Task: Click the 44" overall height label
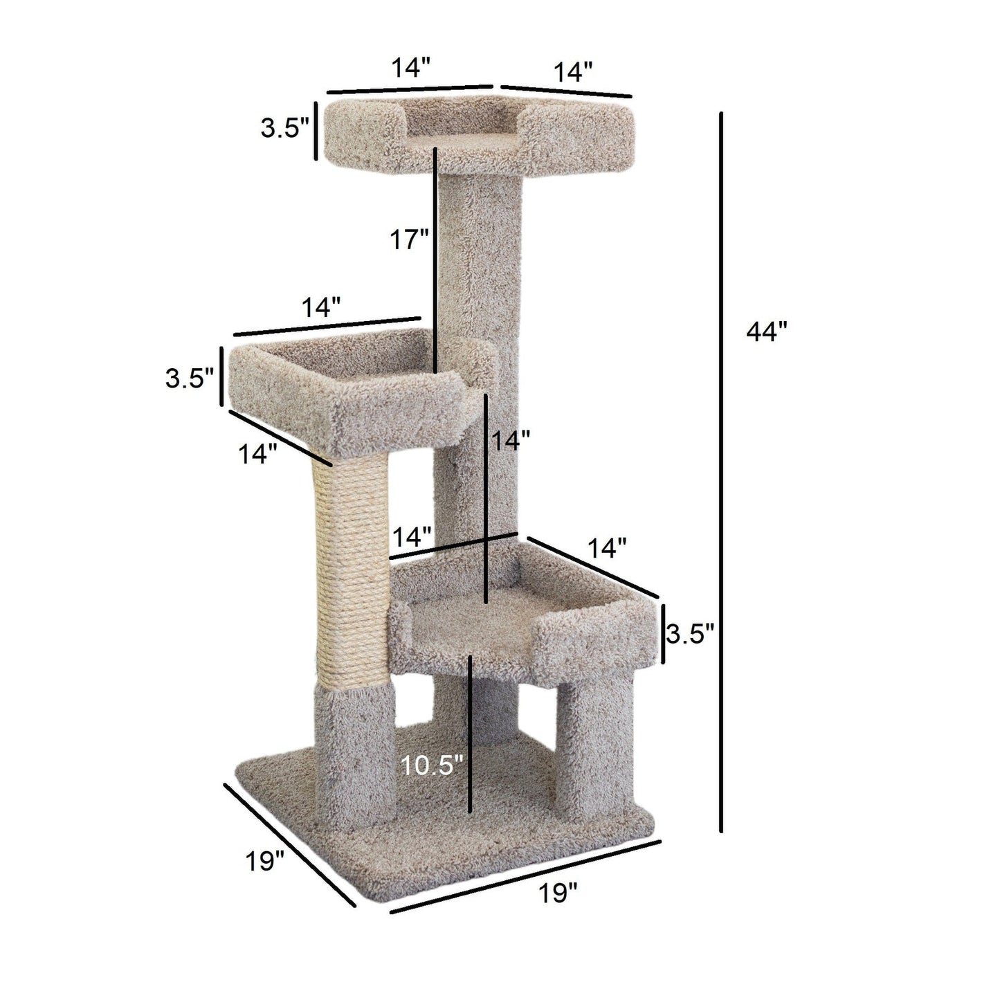coord(766,333)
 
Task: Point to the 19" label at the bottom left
coord(264,862)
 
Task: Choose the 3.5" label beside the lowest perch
coord(689,633)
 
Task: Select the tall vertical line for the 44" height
coord(722,471)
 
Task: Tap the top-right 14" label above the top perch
coord(573,71)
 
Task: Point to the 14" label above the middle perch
coord(320,307)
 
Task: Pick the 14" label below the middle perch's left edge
coord(258,454)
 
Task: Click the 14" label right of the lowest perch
coord(607,548)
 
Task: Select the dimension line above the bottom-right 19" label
coord(526,875)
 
